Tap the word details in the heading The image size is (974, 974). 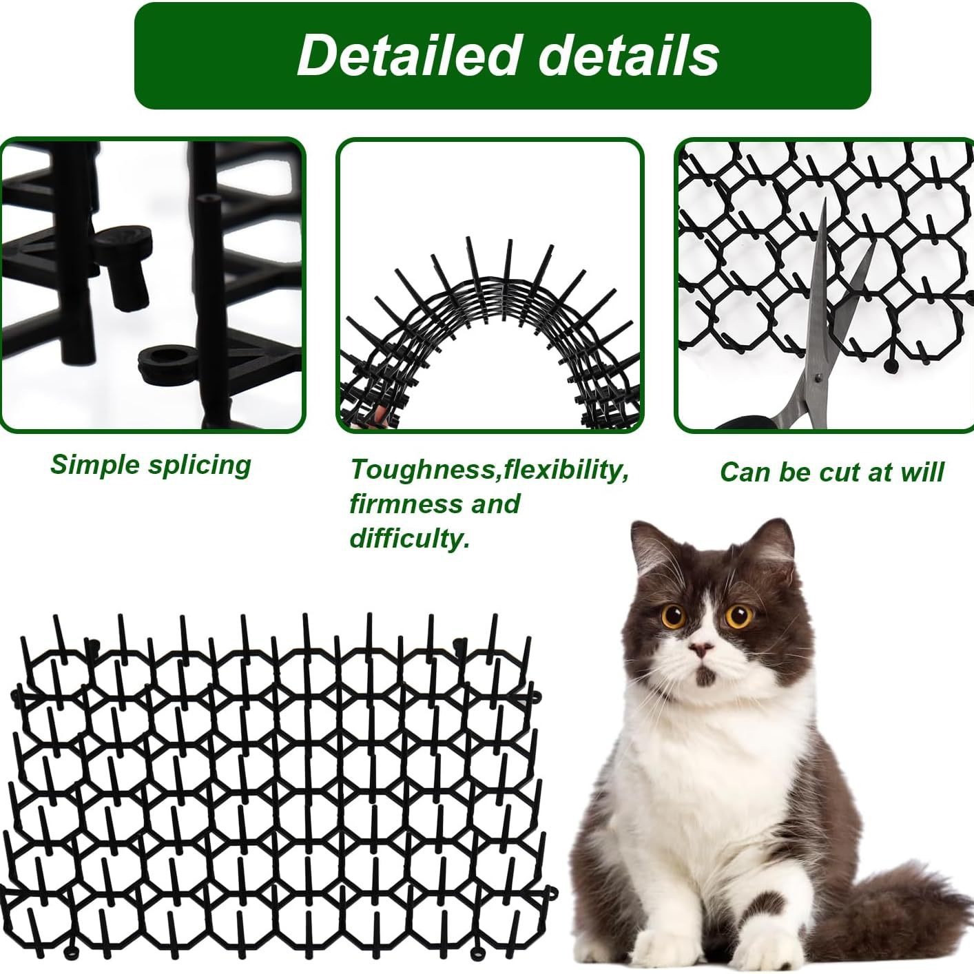(628, 55)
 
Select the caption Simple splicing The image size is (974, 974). (151, 465)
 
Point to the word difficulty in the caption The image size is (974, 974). (409, 538)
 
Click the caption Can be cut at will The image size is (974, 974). (831, 473)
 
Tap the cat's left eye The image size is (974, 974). (674, 615)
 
